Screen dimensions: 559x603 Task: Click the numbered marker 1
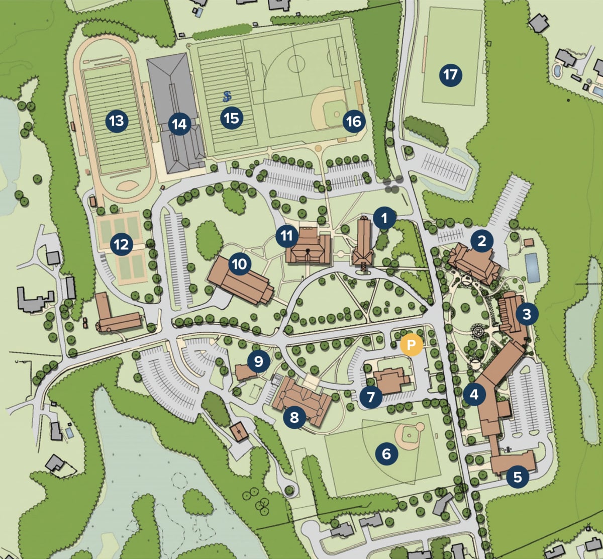pyautogui.click(x=384, y=219)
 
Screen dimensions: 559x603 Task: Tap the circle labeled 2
pyautogui.click(x=482, y=241)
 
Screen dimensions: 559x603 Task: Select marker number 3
pyautogui.click(x=527, y=315)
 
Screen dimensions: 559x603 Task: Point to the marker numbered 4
pyautogui.click(x=474, y=395)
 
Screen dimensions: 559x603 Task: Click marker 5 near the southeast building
pyautogui.click(x=518, y=476)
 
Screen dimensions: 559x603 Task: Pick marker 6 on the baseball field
pyautogui.click(x=386, y=454)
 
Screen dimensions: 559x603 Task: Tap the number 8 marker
pyautogui.click(x=294, y=417)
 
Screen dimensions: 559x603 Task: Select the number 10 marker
pyautogui.click(x=240, y=264)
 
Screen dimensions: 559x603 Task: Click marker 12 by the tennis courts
pyautogui.click(x=122, y=245)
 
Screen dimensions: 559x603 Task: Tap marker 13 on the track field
pyautogui.click(x=116, y=121)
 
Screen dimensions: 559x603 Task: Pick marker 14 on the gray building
pyautogui.click(x=179, y=124)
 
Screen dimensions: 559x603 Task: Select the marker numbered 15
pyautogui.click(x=231, y=119)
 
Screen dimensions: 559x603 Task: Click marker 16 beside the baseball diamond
pyautogui.click(x=354, y=122)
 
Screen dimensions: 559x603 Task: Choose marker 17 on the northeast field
pyautogui.click(x=450, y=75)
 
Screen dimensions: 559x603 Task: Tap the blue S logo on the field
pyautogui.click(x=228, y=97)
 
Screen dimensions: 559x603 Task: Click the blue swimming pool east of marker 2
pyautogui.click(x=532, y=267)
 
